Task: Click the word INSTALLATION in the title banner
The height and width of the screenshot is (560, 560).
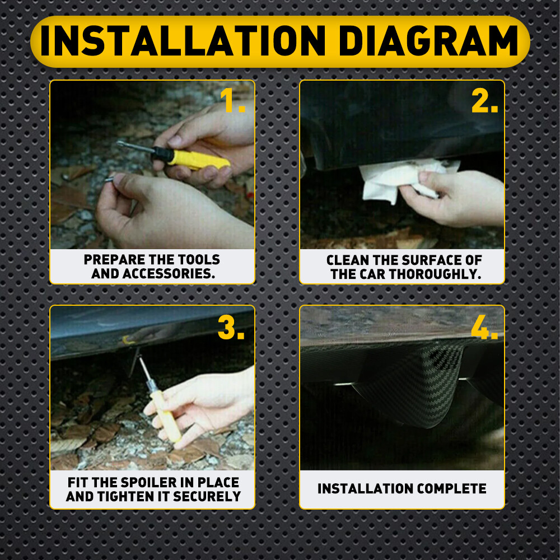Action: pyautogui.click(x=183, y=41)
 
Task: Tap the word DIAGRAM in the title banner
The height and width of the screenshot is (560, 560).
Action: pyautogui.click(x=428, y=41)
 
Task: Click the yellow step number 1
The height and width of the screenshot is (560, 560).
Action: pyautogui.click(x=232, y=100)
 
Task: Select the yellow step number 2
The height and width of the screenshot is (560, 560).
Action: pyautogui.click(x=484, y=100)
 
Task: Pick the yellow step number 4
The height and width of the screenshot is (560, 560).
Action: pyautogui.click(x=484, y=327)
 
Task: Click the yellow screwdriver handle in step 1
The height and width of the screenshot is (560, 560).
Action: pyautogui.click(x=199, y=159)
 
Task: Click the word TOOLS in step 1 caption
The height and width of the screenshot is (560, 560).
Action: pyautogui.click(x=199, y=259)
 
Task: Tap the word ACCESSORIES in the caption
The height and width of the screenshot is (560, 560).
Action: pyautogui.click(x=169, y=274)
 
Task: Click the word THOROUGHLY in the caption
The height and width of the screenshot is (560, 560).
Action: pyautogui.click(x=435, y=274)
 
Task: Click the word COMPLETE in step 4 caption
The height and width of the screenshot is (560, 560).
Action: pyautogui.click(x=451, y=488)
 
